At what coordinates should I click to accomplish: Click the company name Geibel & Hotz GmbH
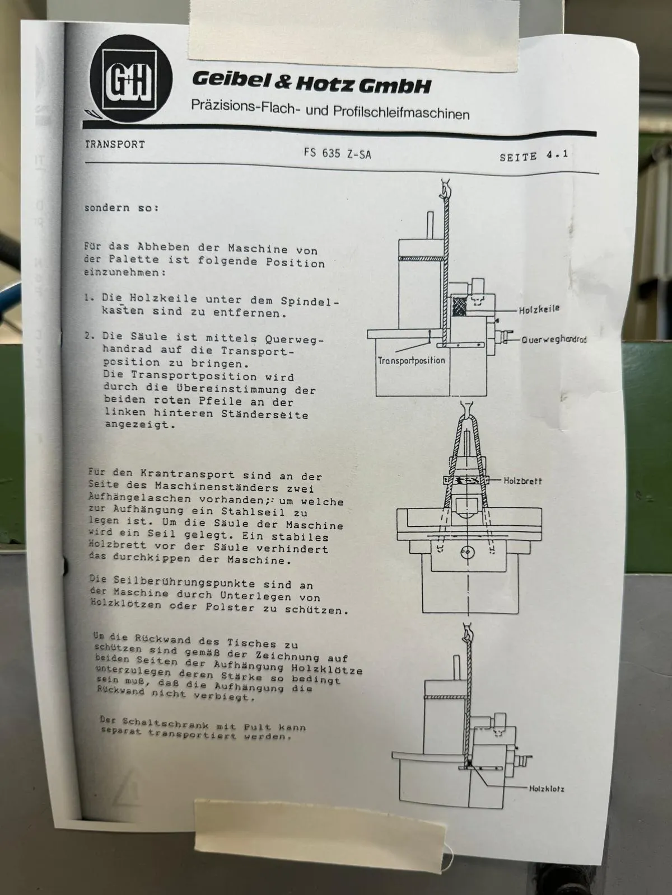[311, 82]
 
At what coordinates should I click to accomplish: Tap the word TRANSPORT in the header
[115, 145]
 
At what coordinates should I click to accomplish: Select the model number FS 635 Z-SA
[337, 153]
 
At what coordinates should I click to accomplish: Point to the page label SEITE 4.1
[534, 156]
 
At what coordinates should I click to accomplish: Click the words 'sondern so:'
[122, 208]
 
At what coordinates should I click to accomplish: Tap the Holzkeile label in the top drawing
[539, 309]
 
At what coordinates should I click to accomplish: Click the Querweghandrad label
[554, 339]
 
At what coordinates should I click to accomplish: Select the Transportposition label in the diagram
[411, 360]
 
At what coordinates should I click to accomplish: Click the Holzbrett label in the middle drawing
[522, 481]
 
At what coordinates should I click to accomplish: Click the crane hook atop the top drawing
[445, 187]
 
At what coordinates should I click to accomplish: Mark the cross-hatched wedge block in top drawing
[459, 306]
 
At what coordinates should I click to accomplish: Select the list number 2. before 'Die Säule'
[90, 336]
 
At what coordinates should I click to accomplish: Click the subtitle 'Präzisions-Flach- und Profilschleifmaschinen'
[330, 110]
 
